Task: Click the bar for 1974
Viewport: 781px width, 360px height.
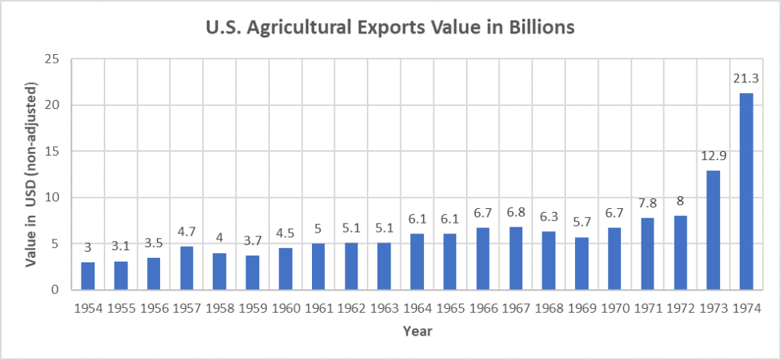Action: tap(747, 191)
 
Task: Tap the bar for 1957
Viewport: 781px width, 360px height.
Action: tap(187, 268)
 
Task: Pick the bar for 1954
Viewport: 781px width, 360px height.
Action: tap(88, 275)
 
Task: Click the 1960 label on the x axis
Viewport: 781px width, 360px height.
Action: tap(285, 310)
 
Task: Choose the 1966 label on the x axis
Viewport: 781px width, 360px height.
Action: tap(483, 310)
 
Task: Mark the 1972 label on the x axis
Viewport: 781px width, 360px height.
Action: tap(680, 310)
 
